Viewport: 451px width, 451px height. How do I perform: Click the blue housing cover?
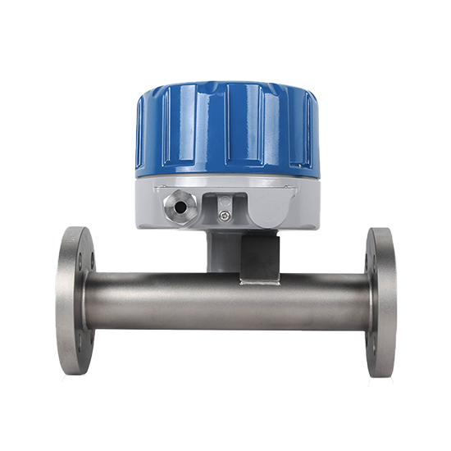[226, 131]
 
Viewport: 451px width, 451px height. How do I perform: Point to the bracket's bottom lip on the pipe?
[260, 281]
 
